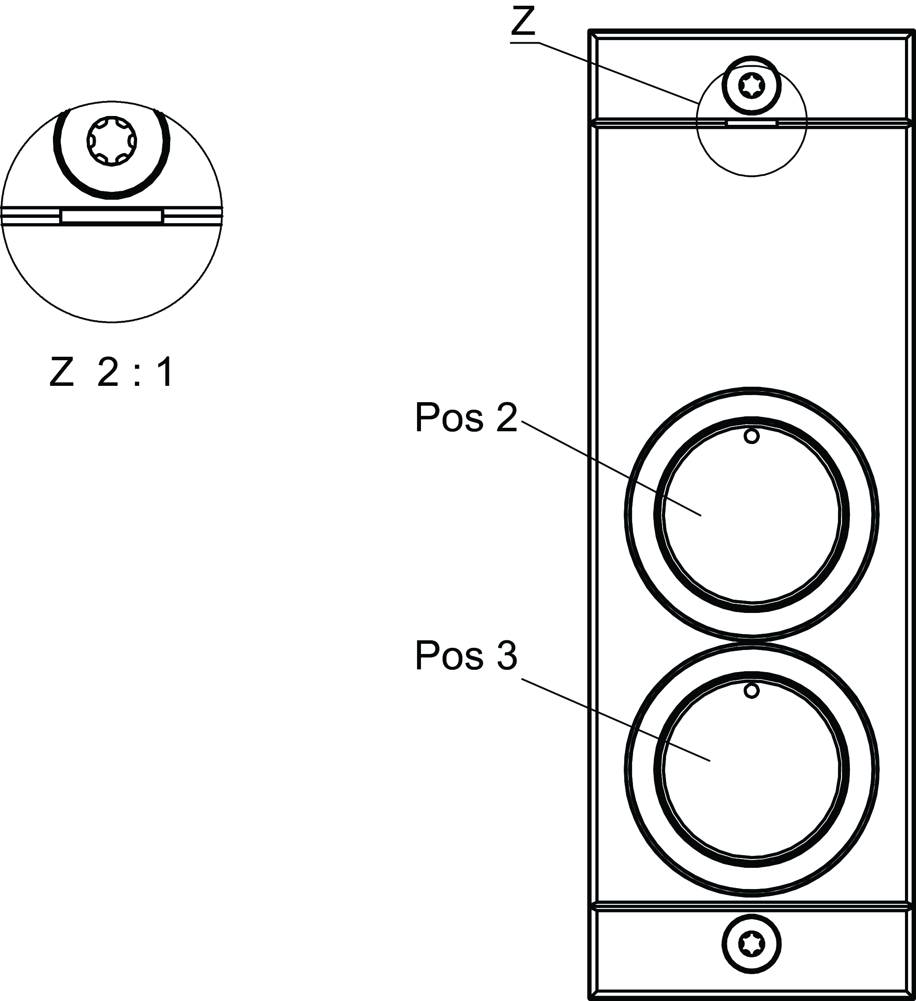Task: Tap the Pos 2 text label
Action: tap(465, 418)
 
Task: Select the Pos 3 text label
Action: tap(465, 656)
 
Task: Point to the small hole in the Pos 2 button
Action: tap(752, 437)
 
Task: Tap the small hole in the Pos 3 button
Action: tap(752, 691)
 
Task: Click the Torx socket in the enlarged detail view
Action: tap(112, 142)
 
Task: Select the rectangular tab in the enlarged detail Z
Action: tap(112, 217)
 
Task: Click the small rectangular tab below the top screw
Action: tap(751, 122)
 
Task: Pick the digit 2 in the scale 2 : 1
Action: tap(108, 372)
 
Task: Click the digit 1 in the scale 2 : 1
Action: tap(164, 372)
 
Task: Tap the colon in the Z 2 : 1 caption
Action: tap(137, 374)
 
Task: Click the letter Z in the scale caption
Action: tap(62, 372)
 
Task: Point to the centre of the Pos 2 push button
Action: tap(751, 515)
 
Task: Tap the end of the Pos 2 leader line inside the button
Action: tap(700, 515)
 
